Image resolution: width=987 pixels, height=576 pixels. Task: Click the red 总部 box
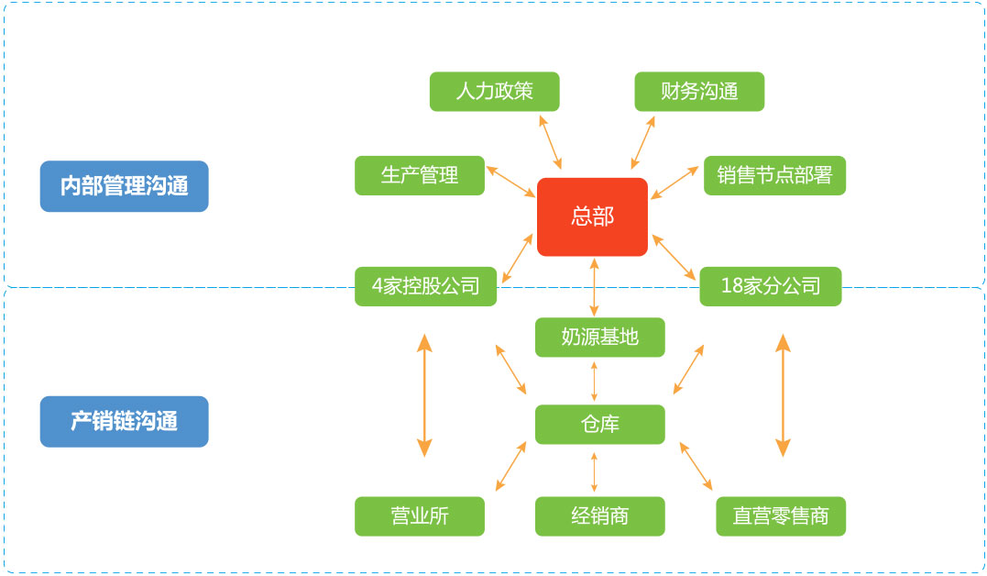pyautogui.click(x=592, y=216)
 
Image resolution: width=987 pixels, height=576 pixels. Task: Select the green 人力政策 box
pyautogui.click(x=494, y=92)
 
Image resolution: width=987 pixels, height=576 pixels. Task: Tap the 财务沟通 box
pyautogui.click(x=699, y=92)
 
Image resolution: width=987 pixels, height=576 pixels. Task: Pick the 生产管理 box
pyautogui.click(x=420, y=175)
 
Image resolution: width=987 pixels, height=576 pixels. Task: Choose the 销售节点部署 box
pyautogui.click(x=774, y=175)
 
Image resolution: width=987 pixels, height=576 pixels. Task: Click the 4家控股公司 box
pyautogui.click(x=425, y=286)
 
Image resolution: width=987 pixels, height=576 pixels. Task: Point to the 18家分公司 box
pyautogui.click(x=770, y=286)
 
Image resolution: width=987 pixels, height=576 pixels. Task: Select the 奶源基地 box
pyautogui.click(x=599, y=338)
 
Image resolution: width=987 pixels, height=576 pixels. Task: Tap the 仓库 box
pyautogui.click(x=599, y=425)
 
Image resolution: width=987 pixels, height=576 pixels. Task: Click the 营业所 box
pyautogui.click(x=420, y=515)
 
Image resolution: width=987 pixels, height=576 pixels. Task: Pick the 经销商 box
pyautogui.click(x=599, y=515)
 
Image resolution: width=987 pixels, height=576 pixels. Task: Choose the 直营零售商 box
pyautogui.click(x=781, y=515)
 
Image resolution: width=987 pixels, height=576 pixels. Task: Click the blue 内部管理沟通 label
pyautogui.click(x=124, y=186)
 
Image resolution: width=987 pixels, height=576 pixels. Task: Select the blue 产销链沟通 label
pyautogui.click(x=124, y=421)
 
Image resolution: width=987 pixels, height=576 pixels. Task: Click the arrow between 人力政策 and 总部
pyautogui.click(x=551, y=141)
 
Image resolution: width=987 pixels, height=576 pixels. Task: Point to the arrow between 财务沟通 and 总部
pyautogui.click(x=643, y=141)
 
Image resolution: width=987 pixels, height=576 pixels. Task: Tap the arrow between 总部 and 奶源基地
pyautogui.click(x=595, y=287)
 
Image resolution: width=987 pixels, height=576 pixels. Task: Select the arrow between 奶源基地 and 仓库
pyautogui.click(x=595, y=381)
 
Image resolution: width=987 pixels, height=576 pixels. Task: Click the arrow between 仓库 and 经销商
pyautogui.click(x=595, y=471)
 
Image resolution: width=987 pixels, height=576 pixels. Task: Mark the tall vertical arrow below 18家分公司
pyautogui.click(x=783, y=395)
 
